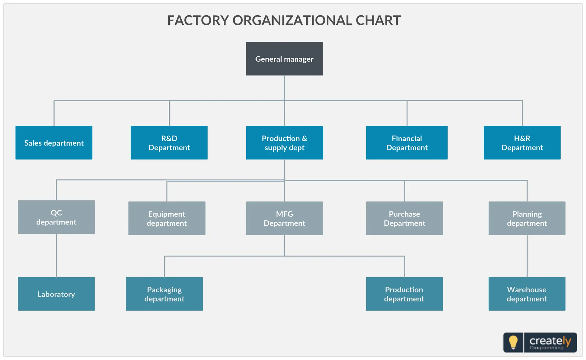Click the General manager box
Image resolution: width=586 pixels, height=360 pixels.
click(x=284, y=59)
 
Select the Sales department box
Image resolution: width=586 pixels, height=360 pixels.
click(x=54, y=142)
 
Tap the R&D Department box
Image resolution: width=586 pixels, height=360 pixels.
click(x=169, y=142)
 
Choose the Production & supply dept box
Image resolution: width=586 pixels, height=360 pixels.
click(x=284, y=142)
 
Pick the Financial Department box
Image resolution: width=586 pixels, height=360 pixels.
click(x=407, y=142)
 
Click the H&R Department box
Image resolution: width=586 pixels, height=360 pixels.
click(x=522, y=142)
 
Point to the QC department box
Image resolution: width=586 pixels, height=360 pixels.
click(x=56, y=217)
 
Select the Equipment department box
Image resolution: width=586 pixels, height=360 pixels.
click(x=167, y=218)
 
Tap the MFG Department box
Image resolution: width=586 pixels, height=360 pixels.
click(x=284, y=218)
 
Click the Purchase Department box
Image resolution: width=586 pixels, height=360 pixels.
click(x=404, y=218)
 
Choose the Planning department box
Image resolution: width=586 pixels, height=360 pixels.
click(x=527, y=218)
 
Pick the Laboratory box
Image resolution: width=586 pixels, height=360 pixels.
click(x=56, y=294)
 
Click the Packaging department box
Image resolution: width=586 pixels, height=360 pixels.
click(x=164, y=294)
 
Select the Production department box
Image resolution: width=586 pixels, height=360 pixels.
click(x=404, y=294)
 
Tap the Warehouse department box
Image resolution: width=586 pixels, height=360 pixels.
click(x=527, y=294)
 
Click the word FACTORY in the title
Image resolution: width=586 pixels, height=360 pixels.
click(x=198, y=20)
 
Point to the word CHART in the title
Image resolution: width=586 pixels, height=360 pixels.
click(x=378, y=20)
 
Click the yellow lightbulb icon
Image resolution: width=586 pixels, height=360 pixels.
click(x=513, y=342)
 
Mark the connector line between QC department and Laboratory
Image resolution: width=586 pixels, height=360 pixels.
click(x=56, y=255)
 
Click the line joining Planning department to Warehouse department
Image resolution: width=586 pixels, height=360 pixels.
click(x=527, y=256)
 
